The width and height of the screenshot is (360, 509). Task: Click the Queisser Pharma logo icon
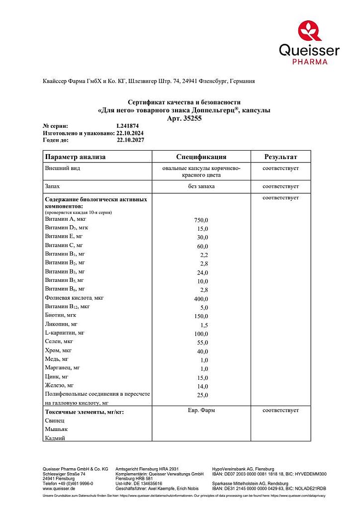[310, 30]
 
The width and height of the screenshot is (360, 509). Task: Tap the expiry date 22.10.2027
[130, 140]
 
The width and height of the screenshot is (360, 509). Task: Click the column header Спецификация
[201, 157]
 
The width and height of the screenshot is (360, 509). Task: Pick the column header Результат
[280, 157]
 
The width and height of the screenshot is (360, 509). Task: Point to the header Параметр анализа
[76, 157]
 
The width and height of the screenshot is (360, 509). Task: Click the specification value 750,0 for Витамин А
[201, 220]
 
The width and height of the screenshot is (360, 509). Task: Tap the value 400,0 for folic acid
[201, 299]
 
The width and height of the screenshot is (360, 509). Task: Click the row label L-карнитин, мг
[65, 333]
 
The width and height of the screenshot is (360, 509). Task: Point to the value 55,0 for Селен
[202, 343]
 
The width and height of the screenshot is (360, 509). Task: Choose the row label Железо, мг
[59, 385]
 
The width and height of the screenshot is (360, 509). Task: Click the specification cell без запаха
[201, 186]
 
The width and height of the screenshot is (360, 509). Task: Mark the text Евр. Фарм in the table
[201, 411]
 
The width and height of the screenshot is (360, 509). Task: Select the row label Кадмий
[55, 438]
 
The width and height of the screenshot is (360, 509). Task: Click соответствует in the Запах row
[280, 186]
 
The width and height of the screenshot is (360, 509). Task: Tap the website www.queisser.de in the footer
[59, 488]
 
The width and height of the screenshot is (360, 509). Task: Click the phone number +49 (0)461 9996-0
[75, 483]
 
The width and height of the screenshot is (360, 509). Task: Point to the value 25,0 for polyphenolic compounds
[202, 395]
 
